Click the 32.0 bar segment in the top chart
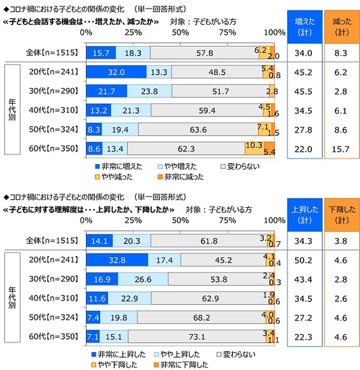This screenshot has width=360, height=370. (116, 72)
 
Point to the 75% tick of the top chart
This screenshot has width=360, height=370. (227, 31)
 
